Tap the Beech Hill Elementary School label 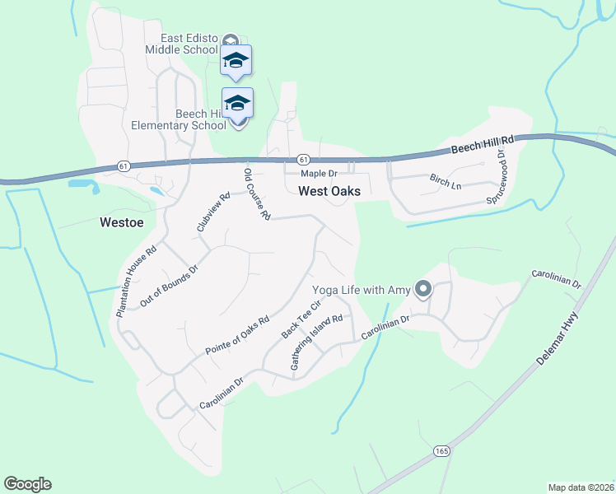pyautogui.click(x=179, y=119)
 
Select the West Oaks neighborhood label pyautogui.click(x=329, y=191)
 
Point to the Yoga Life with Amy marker pyautogui.click(x=423, y=289)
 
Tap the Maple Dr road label pyautogui.click(x=319, y=174)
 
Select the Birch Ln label pyautogui.click(x=446, y=181)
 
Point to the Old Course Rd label pyautogui.click(x=257, y=194)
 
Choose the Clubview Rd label pyautogui.click(x=212, y=212)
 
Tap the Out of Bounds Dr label pyautogui.click(x=170, y=286)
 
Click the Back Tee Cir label pyautogui.click(x=300, y=319)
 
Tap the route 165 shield pyautogui.click(x=442, y=451)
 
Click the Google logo pyautogui.click(x=27, y=484)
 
